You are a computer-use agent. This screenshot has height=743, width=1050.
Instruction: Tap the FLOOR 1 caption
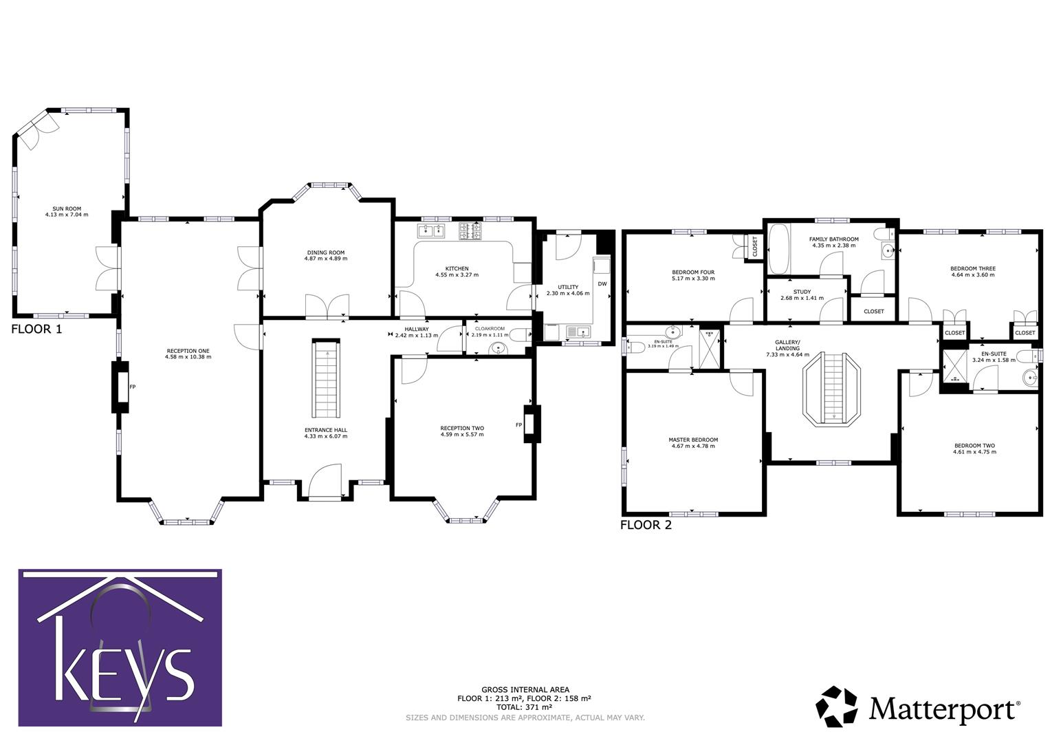(x=36, y=329)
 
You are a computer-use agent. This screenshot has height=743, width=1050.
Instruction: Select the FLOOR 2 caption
(x=646, y=526)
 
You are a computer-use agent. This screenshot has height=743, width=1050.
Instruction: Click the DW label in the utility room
(x=602, y=283)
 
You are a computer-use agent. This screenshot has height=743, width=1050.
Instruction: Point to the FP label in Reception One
(x=132, y=387)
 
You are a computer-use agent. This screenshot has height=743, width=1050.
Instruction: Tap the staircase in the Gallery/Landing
(x=833, y=389)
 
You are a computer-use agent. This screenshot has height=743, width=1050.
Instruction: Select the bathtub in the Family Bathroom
(x=779, y=248)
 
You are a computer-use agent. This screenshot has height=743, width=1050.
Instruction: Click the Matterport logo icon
(x=837, y=706)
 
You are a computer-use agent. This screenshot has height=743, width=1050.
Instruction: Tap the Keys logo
(x=120, y=647)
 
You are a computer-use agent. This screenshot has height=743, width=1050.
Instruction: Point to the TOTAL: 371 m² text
(x=525, y=707)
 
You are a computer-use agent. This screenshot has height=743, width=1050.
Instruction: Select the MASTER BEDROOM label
(x=693, y=443)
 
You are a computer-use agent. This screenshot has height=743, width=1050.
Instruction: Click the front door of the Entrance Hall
(x=325, y=482)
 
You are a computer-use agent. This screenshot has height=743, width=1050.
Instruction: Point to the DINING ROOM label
(x=326, y=255)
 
